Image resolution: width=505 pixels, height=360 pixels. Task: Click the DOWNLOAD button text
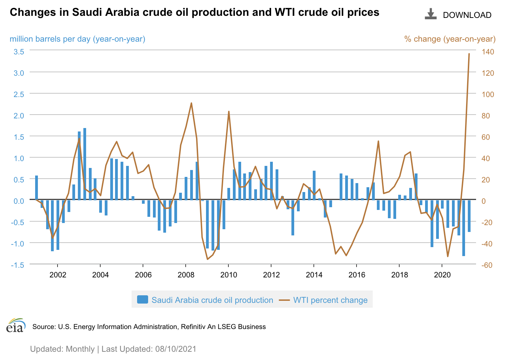[467, 15]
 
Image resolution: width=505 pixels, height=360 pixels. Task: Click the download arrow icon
[430, 14]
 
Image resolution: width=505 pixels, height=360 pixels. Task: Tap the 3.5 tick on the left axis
[19, 52]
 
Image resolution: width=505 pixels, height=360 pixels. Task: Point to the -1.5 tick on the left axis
[18, 265]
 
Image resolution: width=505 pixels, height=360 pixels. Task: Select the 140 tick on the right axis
[488, 52]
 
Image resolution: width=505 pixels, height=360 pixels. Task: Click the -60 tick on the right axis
[487, 265]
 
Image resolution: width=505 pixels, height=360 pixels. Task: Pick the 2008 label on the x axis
[186, 275]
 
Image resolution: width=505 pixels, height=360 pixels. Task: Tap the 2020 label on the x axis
[442, 275]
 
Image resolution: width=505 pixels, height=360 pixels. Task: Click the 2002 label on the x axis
[58, 275]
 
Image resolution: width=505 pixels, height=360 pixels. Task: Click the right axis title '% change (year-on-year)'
[450, 39]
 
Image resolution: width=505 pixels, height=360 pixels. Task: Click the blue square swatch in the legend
[142, 300]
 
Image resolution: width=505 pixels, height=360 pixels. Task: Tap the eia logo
[16, 326]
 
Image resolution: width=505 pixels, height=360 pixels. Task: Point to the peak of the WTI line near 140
[469, 54]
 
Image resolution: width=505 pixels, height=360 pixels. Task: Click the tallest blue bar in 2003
[85, 164]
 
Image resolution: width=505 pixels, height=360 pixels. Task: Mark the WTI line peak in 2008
[191, 103]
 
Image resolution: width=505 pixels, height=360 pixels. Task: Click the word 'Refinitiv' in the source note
[193, 327]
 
